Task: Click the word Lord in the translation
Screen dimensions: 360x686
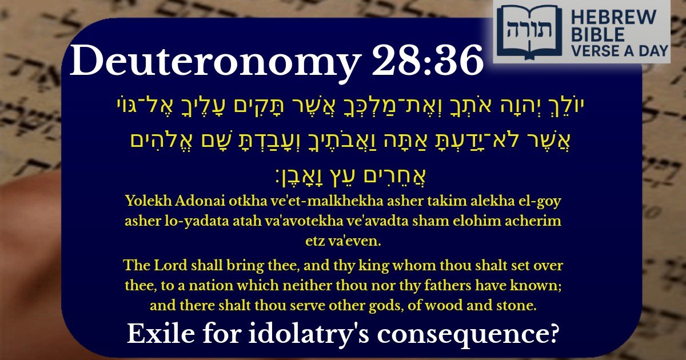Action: click(x=163, y=266)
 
